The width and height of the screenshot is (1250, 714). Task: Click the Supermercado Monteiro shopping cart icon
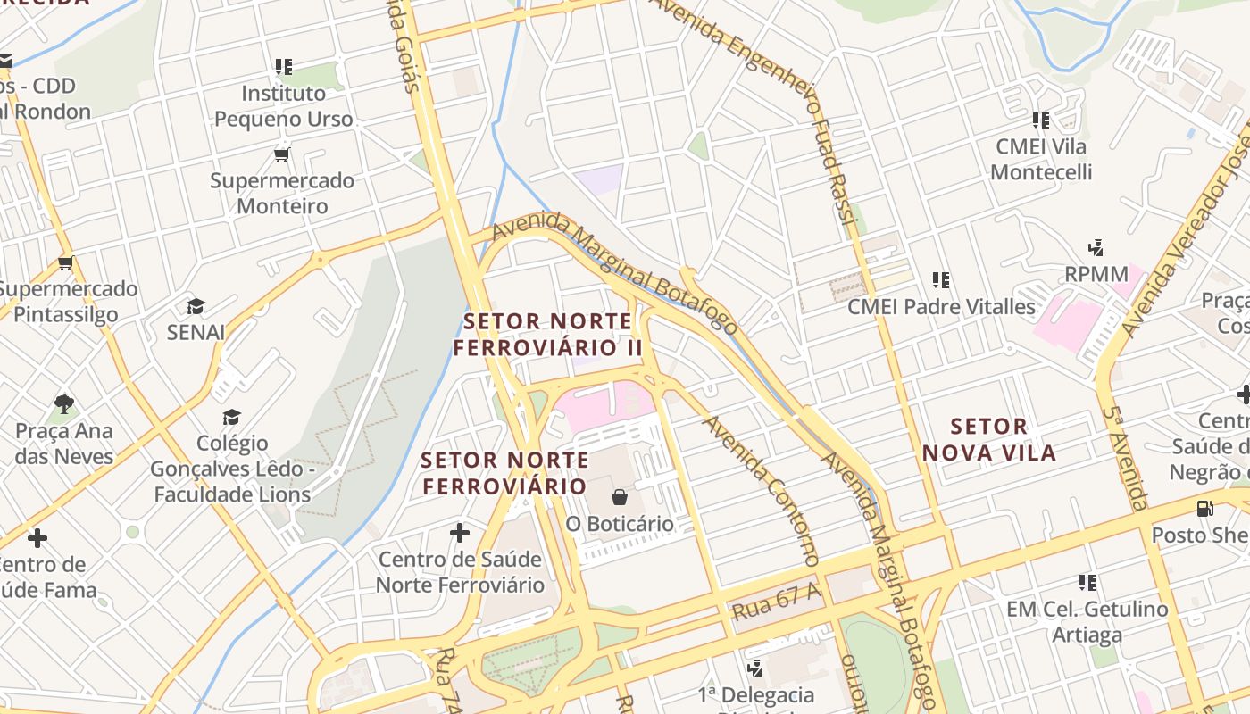pos(282,155)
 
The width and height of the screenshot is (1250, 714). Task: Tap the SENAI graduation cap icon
pos(196,307)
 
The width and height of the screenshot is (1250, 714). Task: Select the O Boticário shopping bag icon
pos(620,497)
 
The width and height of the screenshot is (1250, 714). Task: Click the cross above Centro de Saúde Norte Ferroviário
pos(460,534)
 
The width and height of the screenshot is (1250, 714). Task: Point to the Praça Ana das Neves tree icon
pos(63,404)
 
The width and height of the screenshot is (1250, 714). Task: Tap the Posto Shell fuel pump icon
pos(1204,509)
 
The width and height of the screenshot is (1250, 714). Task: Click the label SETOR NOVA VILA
pos(989,439)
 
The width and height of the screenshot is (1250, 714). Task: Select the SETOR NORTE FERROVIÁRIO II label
pos(548,334)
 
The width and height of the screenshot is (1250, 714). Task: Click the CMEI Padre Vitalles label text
pos(941,307)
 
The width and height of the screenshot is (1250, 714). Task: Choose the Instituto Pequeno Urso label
pos(284,105)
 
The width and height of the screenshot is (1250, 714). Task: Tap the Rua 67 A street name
pos(776,605)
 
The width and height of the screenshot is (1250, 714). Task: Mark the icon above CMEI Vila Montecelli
pos(1040,120)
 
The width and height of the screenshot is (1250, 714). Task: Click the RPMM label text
pos(1096,274)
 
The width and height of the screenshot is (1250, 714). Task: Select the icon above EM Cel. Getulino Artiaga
pos(1087,583)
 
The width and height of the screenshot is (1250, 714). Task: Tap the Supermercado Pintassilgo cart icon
pos(65,263)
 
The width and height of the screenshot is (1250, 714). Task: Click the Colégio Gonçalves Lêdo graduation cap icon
pos(232,417)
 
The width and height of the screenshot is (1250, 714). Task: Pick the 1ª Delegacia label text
pos(756,694)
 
